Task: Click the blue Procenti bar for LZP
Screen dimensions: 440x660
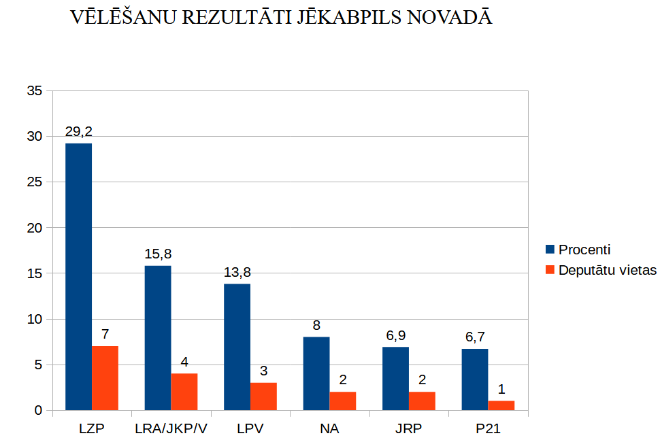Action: [x=78, y=277]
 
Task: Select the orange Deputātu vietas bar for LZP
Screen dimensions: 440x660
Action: [x=105, y=378]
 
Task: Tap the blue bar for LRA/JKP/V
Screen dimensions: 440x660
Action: [x=158, y=338]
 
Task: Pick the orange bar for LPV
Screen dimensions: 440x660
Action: [x=263, y=396]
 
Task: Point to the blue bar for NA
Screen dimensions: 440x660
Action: [x=316, y=373]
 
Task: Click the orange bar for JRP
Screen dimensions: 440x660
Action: [x=422, y=401]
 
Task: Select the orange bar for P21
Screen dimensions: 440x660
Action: [x=501, y=405]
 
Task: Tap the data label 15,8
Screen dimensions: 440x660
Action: [x=158, y=254]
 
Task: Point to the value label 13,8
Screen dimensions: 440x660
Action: [x=237, y=273]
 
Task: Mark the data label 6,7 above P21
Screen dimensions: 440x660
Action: [x=474, y=337]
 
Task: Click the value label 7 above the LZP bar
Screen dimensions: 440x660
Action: [x=105, y=335]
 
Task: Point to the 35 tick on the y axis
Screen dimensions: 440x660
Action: [x=35, y=91]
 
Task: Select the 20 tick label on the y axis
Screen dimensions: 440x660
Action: [x=35, y=228]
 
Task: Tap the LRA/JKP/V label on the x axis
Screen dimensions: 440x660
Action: [x=171, y=429]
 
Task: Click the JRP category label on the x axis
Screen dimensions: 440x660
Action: [x=408, y=429]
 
